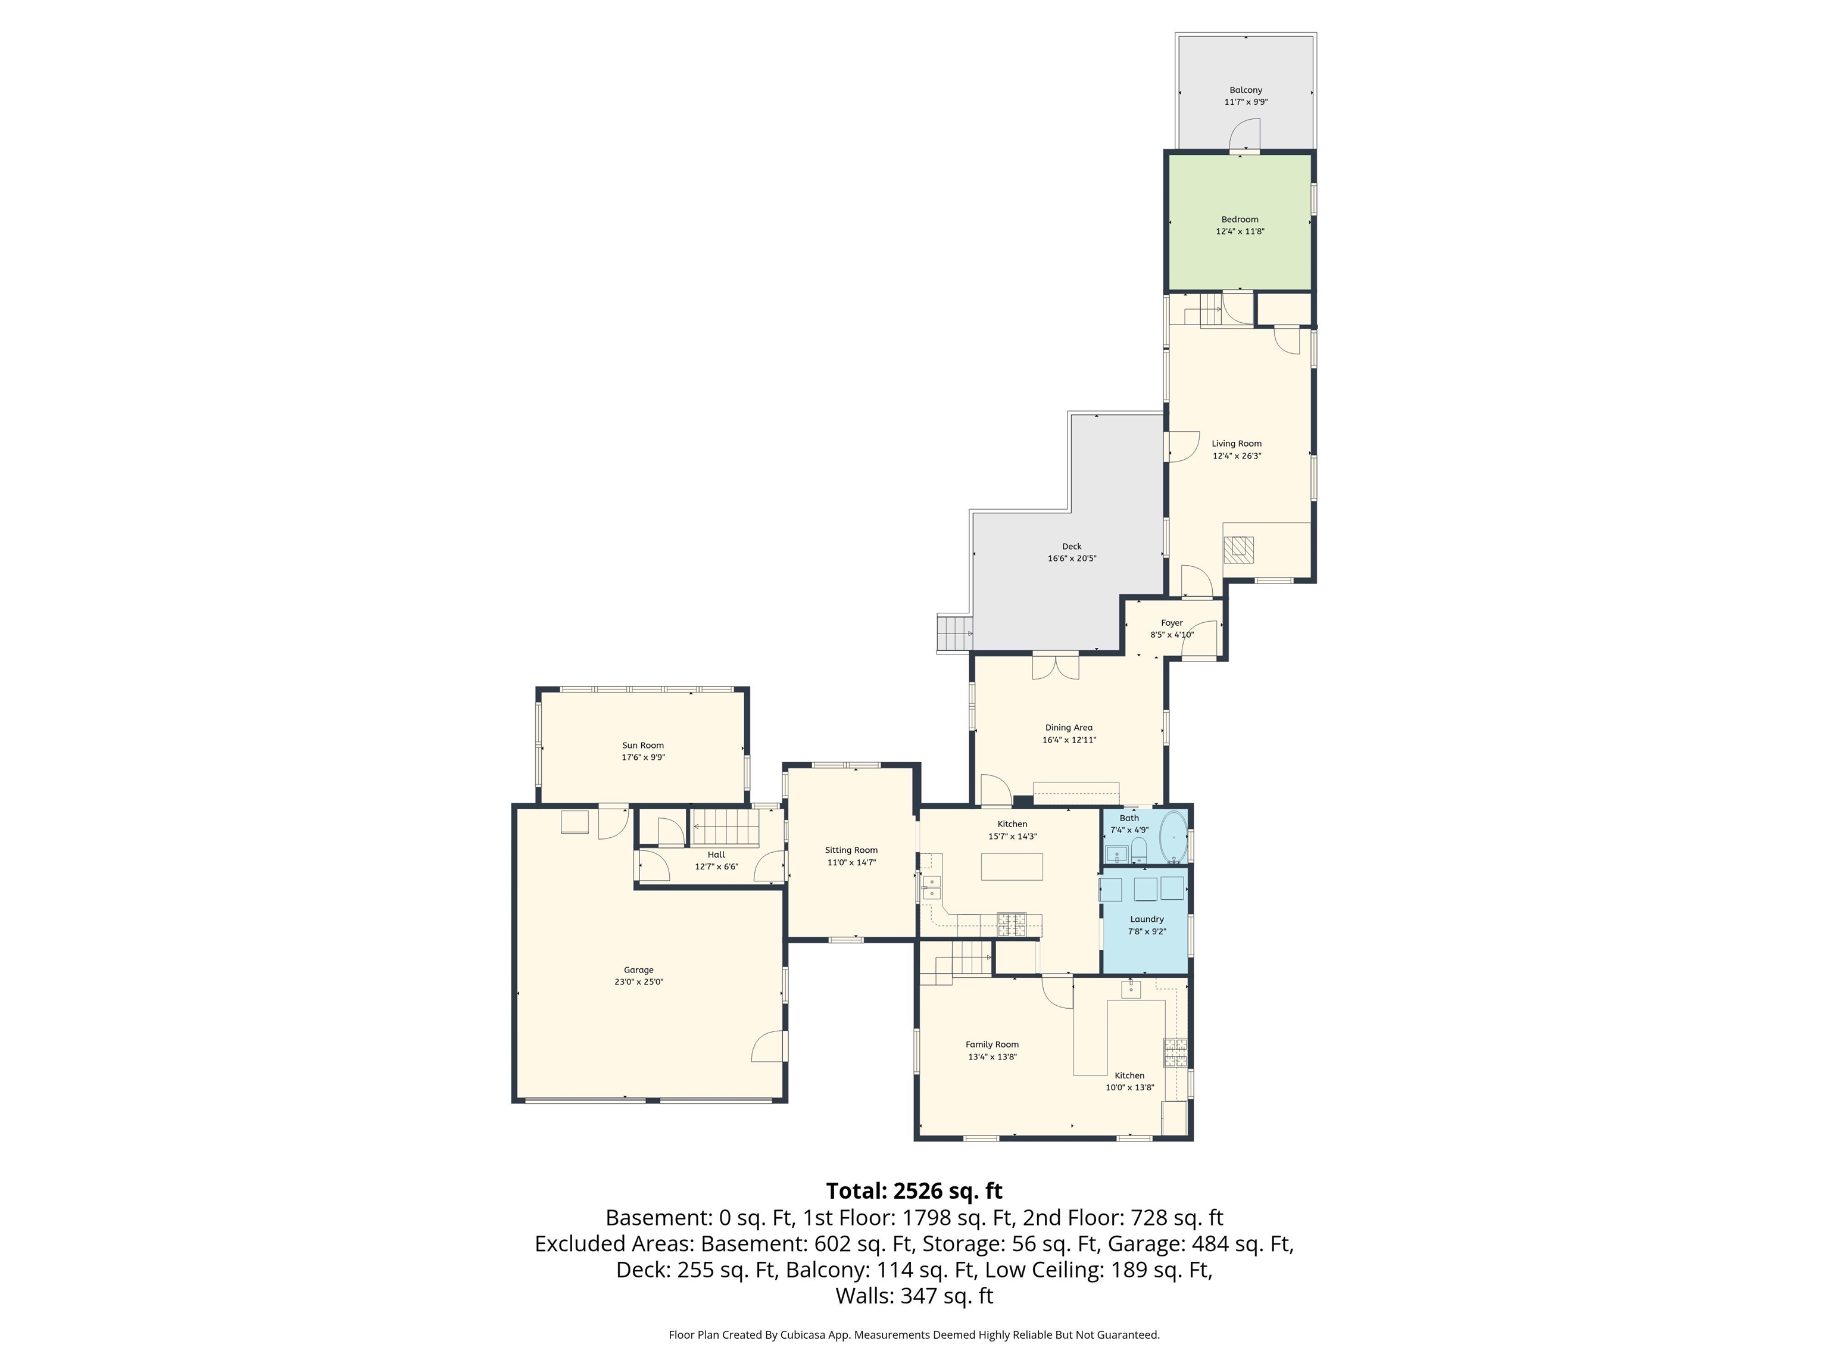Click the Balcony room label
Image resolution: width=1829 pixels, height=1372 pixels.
click(1246, 90)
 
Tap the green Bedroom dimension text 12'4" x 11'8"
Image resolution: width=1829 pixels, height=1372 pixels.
click(1240, 232)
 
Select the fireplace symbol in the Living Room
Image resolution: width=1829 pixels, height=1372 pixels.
click(1238, 549)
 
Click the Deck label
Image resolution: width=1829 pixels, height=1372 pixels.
click(1072, 547)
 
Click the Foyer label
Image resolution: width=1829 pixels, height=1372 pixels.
click(1172, 623)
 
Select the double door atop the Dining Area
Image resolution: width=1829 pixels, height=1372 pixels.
click(1056, 666)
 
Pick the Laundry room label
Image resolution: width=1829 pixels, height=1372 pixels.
click(1147, 919)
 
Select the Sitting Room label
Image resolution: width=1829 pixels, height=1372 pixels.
click(851, 850)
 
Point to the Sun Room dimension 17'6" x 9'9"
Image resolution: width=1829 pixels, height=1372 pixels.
click(643, 757)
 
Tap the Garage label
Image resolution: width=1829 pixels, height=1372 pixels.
click(638, 970)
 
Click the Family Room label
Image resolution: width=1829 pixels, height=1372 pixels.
click(992, 1044)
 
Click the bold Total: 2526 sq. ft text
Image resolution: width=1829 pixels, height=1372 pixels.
click(914, 1191)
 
